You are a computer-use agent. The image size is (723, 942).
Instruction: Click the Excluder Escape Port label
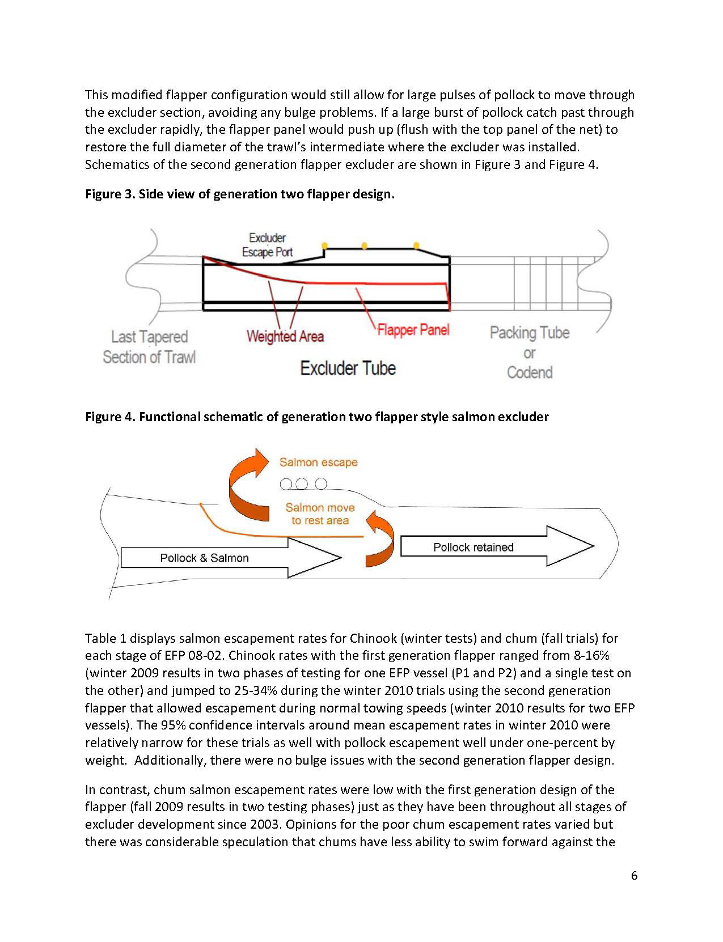tap(267, 245)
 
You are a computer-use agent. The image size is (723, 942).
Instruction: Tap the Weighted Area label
tap(285, 336)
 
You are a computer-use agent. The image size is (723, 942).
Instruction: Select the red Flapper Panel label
tap(413, 329)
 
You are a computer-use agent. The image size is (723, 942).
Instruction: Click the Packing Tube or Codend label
tap(529, 352)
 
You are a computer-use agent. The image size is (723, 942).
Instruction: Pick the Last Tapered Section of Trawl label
tap(149, 347)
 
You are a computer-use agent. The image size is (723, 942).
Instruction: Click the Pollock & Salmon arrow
tap(227, 558)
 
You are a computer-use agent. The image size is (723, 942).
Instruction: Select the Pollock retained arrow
tap(493, 546)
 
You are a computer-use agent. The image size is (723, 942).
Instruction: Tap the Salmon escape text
tap(318, 462)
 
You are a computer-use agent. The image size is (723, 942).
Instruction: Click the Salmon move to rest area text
tap(320, 514)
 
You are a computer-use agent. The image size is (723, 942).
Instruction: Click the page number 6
tap(634, 876)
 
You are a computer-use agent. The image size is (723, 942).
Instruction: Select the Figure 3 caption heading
tap(239, 194)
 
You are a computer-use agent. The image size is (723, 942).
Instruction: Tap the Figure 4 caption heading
tap(316, 417)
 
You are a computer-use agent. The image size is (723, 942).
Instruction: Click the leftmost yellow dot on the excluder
tap(324, 245)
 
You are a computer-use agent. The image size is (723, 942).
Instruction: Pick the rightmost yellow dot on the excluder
tap(416, 245)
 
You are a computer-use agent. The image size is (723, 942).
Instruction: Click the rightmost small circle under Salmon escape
tap(321, 484)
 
